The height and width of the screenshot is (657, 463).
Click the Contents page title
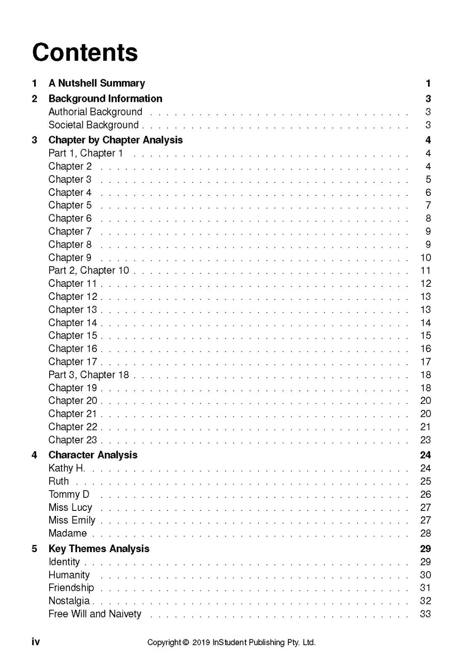(85, 53)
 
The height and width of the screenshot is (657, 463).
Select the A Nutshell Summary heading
(96, 83)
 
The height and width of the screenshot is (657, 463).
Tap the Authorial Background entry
(95, 112)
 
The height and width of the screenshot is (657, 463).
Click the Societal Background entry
(93, 125)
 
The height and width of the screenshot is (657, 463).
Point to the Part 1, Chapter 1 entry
(85, 153)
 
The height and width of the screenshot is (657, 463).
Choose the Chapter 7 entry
(70, 232)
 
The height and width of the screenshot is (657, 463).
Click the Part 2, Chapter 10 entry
(88, 270)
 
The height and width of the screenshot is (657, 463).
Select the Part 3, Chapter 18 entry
(88, 375)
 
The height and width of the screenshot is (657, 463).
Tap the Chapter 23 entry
(72, 440)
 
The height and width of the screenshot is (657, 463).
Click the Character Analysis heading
(93, 455)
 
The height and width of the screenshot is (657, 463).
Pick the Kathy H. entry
(67, 468)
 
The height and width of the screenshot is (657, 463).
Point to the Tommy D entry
(69, 494)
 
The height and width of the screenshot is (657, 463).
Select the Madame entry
(67, 534)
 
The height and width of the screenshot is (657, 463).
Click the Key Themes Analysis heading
(98, 549)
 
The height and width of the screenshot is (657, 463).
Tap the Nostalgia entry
(69, 601)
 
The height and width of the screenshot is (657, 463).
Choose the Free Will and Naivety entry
(95, 614)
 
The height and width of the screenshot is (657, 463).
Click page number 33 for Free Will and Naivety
(425, 614)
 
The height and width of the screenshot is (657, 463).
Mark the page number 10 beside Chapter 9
(426, 258)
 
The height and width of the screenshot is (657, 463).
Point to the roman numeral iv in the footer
(36, 642)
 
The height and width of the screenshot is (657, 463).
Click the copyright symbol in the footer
(186, 643)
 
